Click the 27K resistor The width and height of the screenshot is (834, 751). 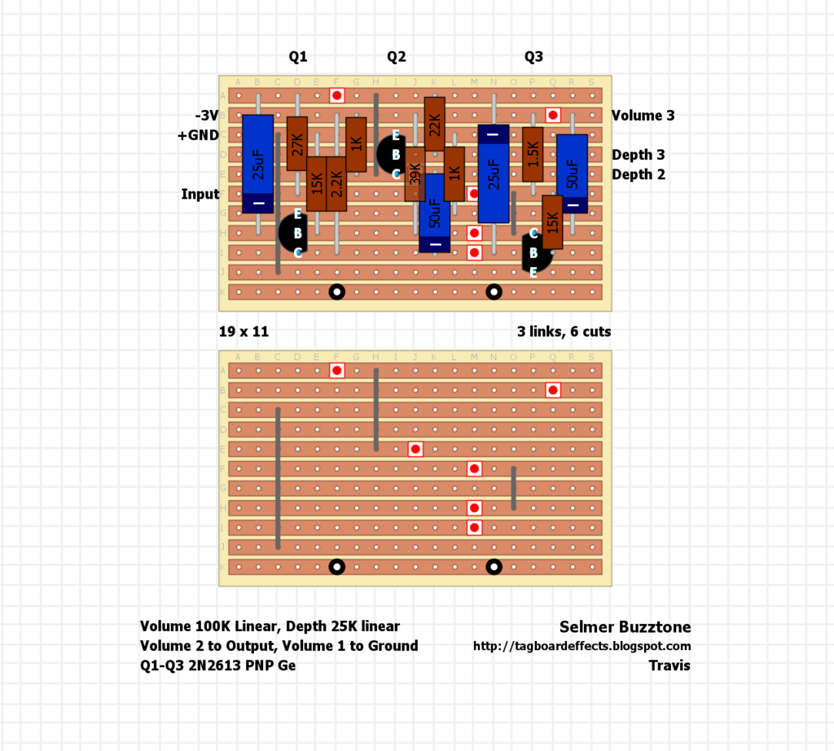coord(296,143)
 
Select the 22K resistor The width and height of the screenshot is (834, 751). coord(435,124)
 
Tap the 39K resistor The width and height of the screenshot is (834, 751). coord(415,174)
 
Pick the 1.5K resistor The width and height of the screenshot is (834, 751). coord(533,154)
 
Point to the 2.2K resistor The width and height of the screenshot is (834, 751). coord(336,183)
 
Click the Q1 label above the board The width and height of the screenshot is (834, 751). coord(298,57)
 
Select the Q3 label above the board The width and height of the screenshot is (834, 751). coord(533,57)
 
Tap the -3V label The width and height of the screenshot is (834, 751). coord(207,116)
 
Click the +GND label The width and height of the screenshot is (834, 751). coord(198,135)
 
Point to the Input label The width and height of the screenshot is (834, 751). coord(200,194)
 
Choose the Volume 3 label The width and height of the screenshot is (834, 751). coord(643,116)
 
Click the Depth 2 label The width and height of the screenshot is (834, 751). coord(639,175)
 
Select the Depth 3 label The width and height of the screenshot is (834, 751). coord(639,156)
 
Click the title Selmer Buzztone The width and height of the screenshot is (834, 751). coord(625,627)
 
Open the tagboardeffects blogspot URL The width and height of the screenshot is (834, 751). coord(582,646)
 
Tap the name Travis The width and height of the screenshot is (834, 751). coord(669,665)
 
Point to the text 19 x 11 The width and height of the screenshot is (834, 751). coord(244,332)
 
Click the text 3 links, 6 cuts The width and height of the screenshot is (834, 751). coord(564,332)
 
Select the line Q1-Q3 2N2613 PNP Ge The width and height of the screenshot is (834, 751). coord(218,665)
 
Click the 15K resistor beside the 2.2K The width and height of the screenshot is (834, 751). coord(317,183)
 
